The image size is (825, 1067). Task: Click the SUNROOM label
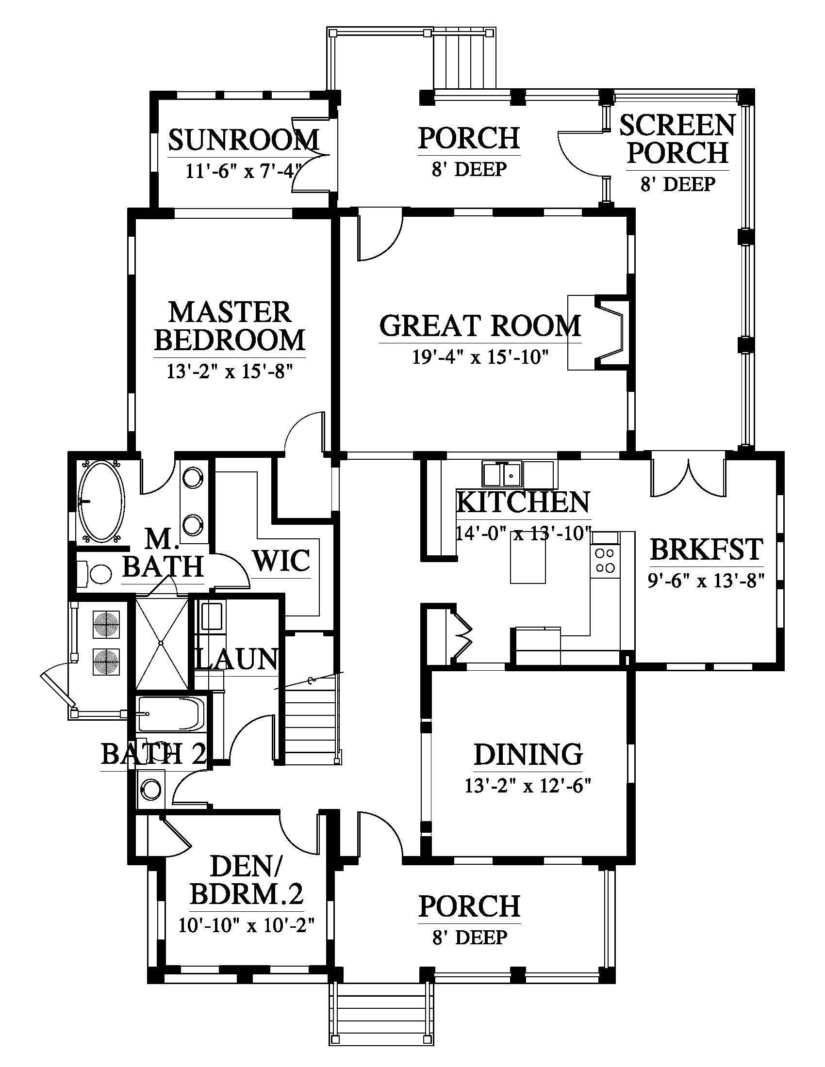(244, 140)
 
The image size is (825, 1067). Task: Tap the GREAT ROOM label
(480, 326)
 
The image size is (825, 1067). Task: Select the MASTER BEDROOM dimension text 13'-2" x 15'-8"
(230, 372)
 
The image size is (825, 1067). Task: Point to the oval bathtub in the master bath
(101, 501)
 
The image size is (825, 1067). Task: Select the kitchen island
(528, 557)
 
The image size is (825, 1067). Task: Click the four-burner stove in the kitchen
(605, 560)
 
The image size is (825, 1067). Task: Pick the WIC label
(282, 560)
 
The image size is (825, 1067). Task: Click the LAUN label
(236, 659)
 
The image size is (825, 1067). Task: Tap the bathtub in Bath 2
(170, 714)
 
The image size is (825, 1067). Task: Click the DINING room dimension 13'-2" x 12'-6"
(528, 786)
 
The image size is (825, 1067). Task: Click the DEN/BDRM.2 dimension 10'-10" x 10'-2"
(246, 925)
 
